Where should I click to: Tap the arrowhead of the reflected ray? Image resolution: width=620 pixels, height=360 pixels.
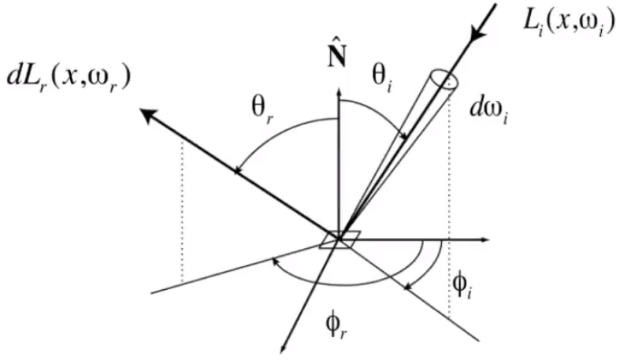[147, 115]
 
